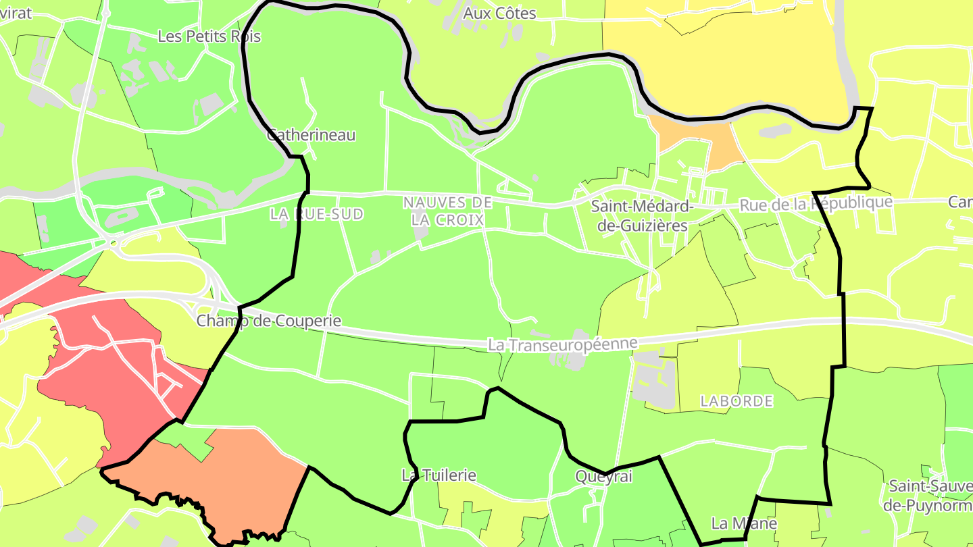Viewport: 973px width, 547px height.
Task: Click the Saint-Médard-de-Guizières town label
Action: [643, 216]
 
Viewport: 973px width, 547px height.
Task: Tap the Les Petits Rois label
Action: [209, 36]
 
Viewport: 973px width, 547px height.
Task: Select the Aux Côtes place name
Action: [499, 14]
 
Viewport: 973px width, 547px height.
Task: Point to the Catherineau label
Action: [311, 135]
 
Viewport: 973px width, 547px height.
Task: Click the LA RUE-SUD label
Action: [316, 215]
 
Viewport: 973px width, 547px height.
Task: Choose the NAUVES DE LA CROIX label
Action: [447, 211]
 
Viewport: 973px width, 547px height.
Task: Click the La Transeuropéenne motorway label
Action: [563, 344]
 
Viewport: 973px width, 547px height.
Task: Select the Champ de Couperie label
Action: [269, 321]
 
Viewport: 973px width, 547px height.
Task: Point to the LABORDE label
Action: [737, 401]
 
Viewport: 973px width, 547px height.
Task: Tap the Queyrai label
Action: [603, 477]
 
